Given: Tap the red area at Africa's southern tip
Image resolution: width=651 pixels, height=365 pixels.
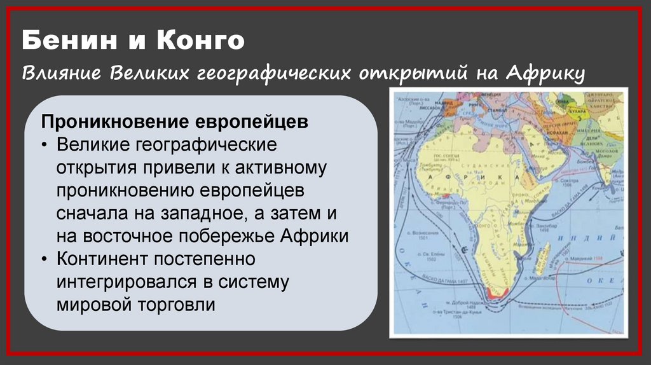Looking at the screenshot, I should click(493, 293).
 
